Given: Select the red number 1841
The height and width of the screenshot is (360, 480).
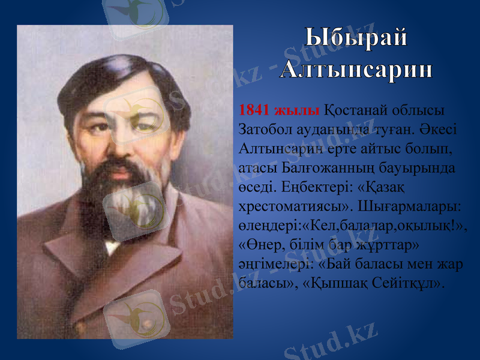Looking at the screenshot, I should click(253, 111).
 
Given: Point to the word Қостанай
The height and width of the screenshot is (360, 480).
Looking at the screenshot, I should click(356, 111).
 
